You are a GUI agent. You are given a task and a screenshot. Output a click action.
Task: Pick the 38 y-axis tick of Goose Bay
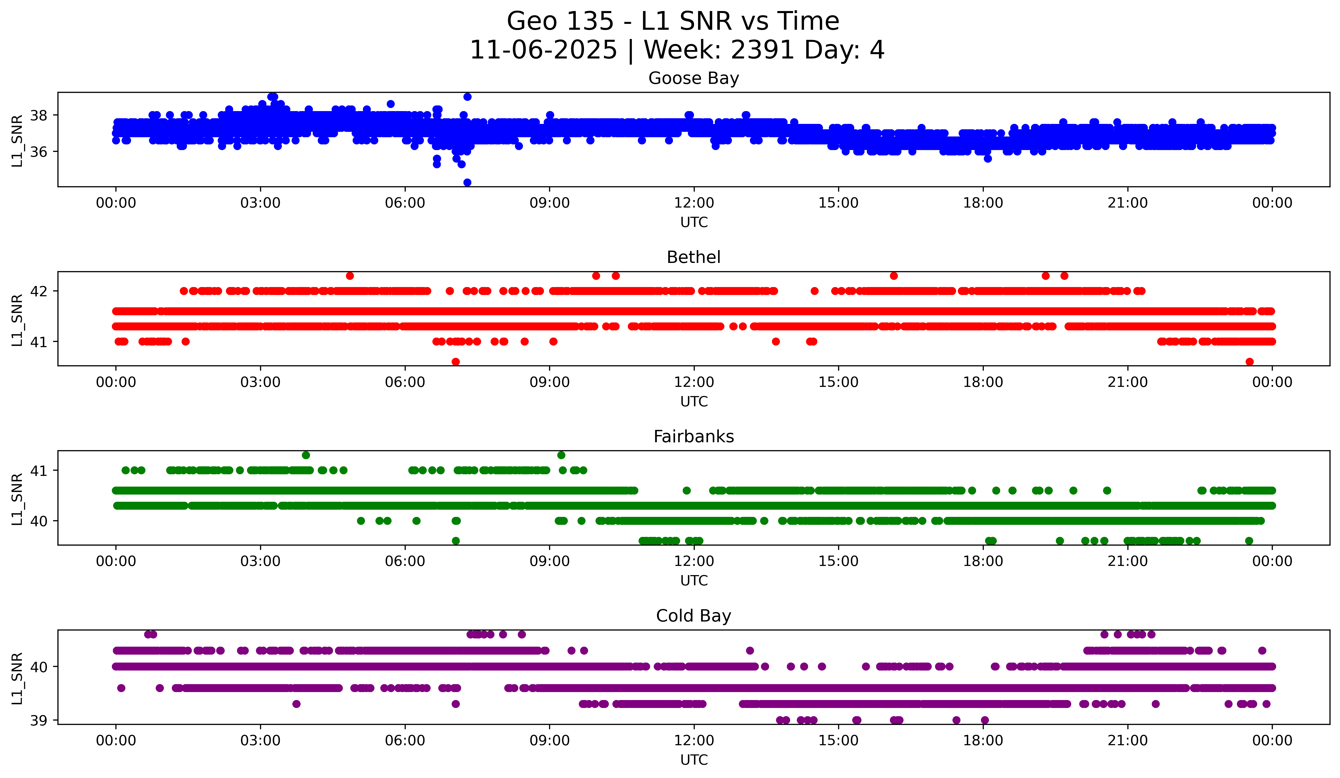pyautogui.click(x=38, y=115)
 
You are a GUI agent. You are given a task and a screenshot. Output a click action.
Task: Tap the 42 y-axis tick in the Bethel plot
pyautogui.click(x=38, y=291)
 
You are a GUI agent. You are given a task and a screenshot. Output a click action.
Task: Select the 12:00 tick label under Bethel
pyautogui.click(x=694, y=382)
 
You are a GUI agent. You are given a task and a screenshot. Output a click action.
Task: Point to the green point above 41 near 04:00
pyautogui.click(x=306, y=455)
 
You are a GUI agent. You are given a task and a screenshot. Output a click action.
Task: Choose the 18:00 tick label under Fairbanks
pyautogui.click(x=983, y=562)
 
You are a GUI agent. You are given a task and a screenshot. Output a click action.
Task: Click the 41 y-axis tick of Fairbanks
pyautogui.click(x=38, y=471)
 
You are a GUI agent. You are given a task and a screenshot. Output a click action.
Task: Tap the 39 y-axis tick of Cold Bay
pyautogui.click(x=38, y=721)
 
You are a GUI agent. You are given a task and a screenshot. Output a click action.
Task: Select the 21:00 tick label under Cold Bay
pyautogui.click(x=1127, y=741)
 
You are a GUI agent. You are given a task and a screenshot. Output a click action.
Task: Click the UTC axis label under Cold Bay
pyautogui.click(x=694, y=760)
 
